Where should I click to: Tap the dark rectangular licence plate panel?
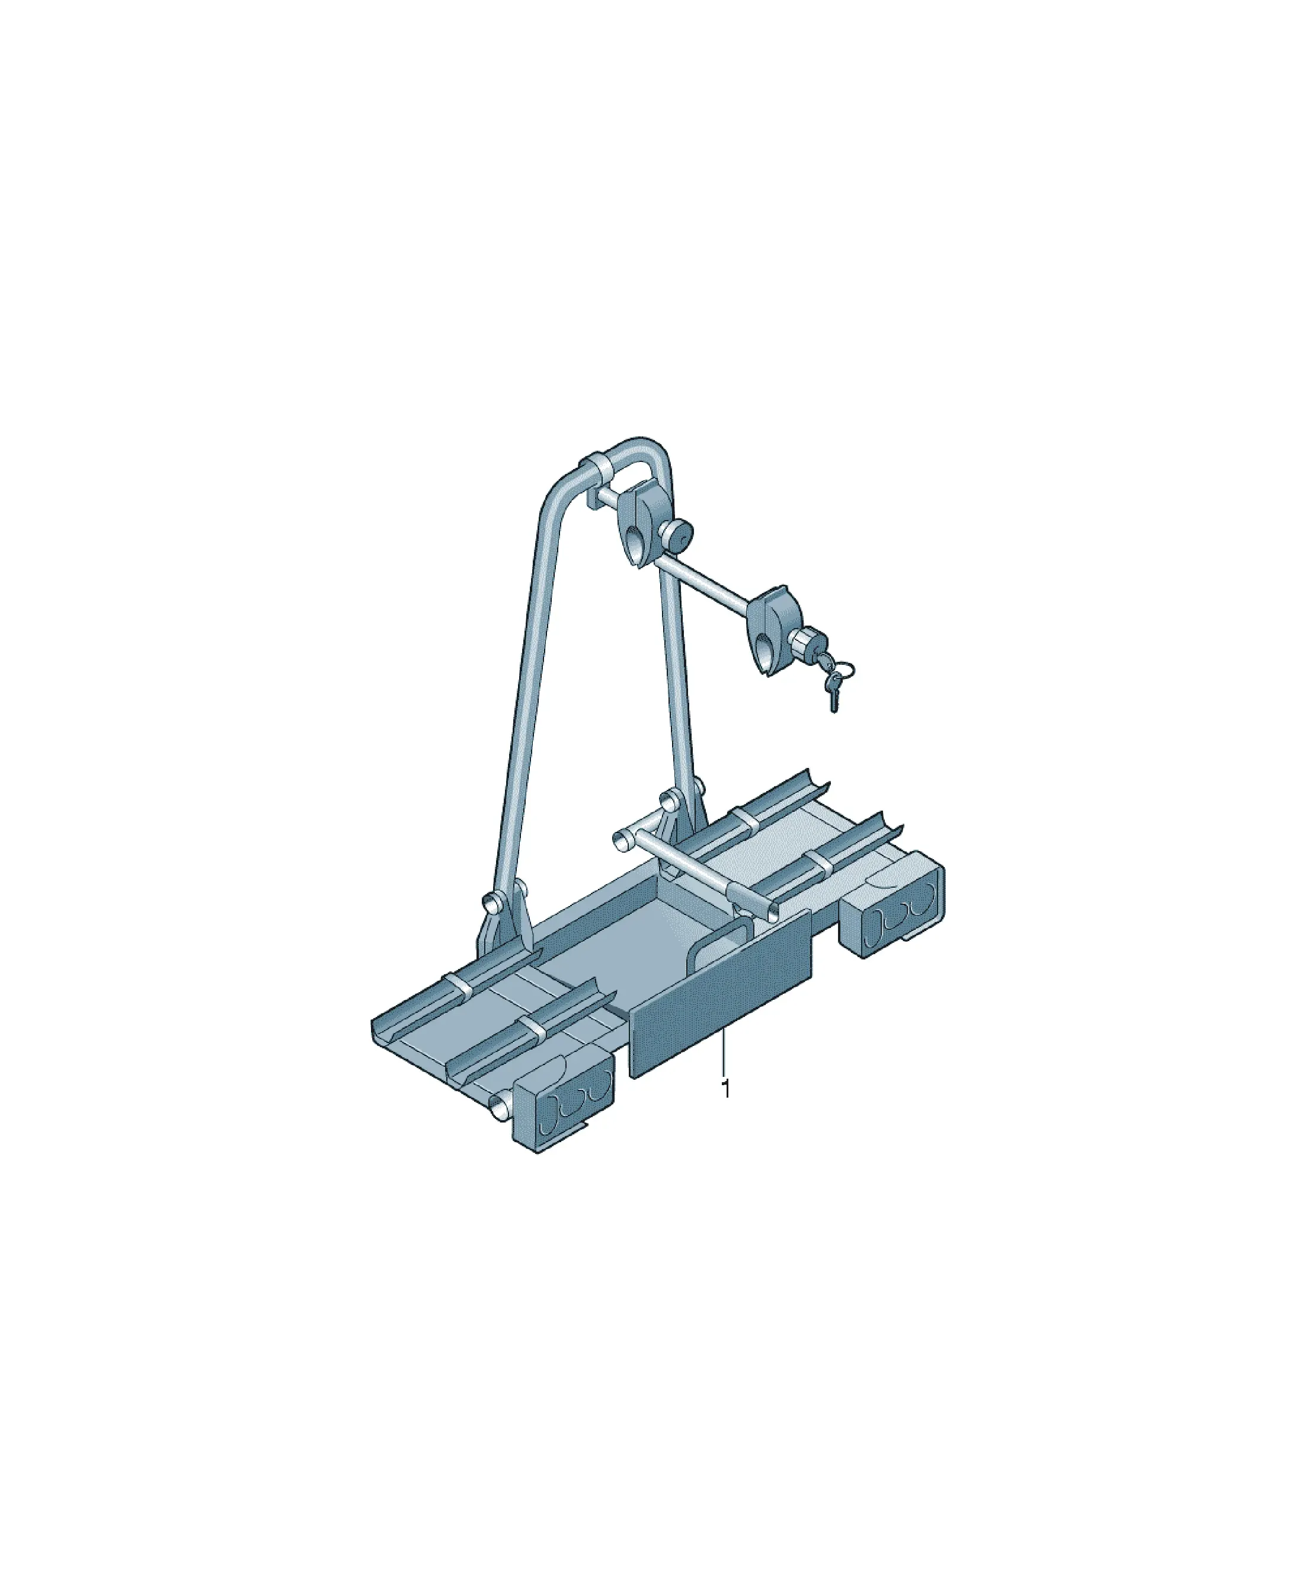pos(720,994)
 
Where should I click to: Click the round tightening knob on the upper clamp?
pos(677,534)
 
